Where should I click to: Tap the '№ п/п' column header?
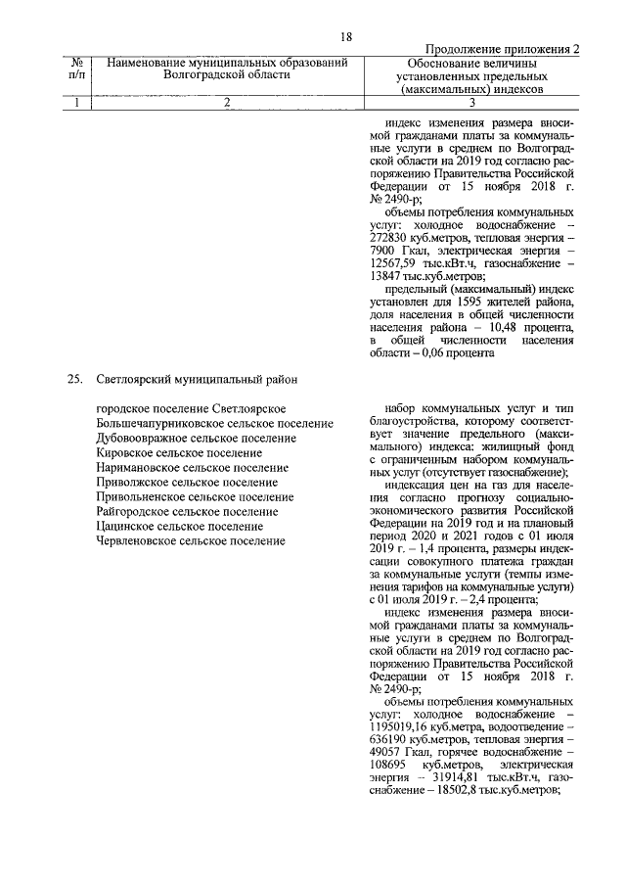[77, 69]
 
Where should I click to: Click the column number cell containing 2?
[226, 103]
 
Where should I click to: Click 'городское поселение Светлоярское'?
[191, 407]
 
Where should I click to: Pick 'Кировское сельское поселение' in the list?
[180, 452]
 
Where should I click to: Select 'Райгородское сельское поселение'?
[187, 512]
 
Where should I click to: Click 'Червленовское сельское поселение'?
[191, 540]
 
